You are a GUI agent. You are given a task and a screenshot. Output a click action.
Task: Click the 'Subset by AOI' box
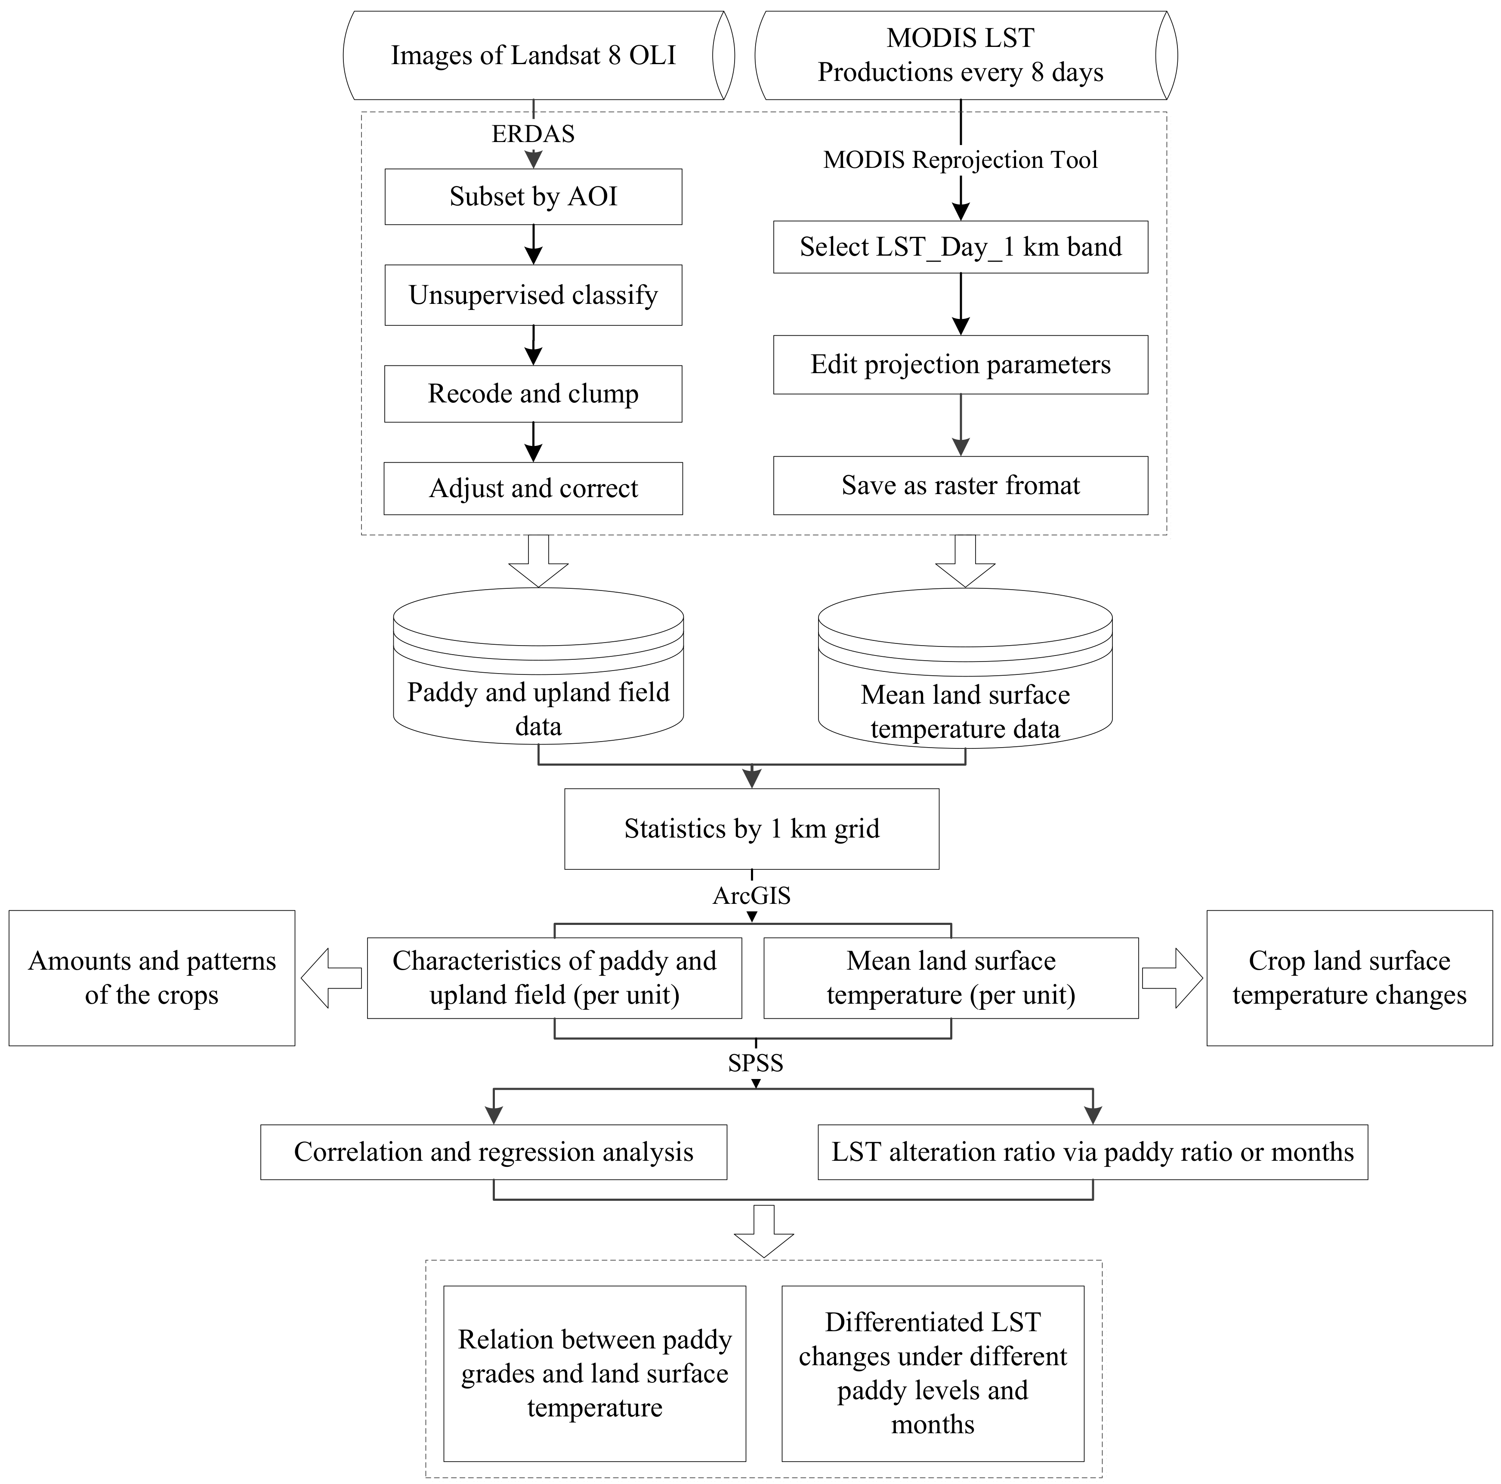coord(533,197)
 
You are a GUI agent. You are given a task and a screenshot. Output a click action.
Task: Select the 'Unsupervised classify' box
coord(533,295)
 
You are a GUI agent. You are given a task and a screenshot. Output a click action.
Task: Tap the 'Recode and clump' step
coord(533,394)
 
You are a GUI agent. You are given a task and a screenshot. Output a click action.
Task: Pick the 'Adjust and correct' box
coord(533,488)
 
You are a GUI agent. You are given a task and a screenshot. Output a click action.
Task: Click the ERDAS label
coord(533,134)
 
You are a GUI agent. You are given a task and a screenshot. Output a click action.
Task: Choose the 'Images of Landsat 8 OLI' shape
coord(533,55)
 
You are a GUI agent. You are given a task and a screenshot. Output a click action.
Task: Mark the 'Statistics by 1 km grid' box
coord(751,829)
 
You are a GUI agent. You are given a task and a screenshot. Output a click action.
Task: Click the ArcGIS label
coord(751,896)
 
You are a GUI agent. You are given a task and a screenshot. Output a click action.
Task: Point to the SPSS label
coord(755,1063)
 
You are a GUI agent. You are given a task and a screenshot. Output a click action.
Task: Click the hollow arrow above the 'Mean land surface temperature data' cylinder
coord(965,560)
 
